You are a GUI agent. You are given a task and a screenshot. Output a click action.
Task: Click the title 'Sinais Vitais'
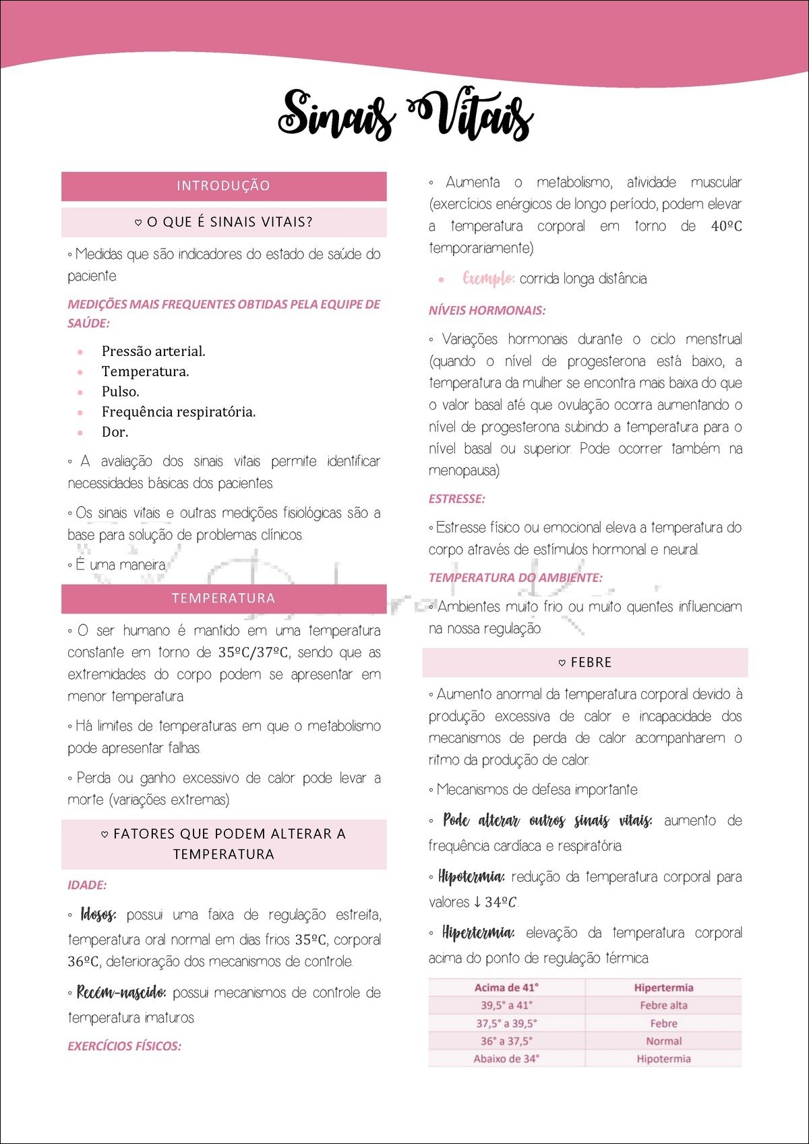click(405, 115)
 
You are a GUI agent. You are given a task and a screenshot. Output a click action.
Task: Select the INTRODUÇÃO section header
click(223, 186)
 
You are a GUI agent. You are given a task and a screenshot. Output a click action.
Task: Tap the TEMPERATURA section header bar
click(223, 599)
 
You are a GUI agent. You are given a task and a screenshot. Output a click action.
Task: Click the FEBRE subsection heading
click(585, 663)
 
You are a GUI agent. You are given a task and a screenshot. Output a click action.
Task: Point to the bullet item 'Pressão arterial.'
click(153, 351)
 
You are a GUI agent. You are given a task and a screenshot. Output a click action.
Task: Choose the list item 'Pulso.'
click(120, 392)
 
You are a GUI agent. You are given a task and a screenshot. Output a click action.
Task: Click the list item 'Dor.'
click(115, 432)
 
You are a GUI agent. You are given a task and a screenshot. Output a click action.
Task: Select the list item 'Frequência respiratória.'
click(178, 412)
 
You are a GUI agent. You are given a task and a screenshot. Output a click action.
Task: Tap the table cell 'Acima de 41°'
click(506, 988)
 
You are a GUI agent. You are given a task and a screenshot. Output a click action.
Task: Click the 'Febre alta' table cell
click(663, 1005)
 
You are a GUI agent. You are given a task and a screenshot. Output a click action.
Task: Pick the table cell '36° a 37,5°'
click(506, 1041)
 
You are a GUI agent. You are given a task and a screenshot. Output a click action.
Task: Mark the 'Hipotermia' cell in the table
click(663, 1058)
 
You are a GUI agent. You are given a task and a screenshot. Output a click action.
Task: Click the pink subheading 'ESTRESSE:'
click(456, 499)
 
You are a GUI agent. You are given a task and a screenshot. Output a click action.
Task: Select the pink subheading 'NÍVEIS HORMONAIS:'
click(487, 311)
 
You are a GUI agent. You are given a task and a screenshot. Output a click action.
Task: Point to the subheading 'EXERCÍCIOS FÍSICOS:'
click(124, 1046)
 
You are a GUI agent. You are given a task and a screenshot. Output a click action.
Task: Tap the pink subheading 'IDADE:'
click(87, 885)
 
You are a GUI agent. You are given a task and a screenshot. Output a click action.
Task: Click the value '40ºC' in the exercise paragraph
click(726, 227)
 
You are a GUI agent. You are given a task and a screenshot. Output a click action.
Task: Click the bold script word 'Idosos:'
click(98, 915)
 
